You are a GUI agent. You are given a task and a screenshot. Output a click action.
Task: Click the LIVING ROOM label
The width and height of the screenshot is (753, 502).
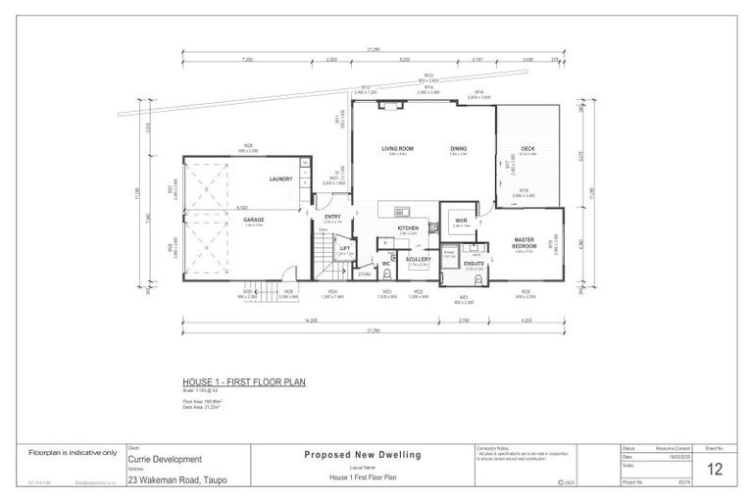(397, 148)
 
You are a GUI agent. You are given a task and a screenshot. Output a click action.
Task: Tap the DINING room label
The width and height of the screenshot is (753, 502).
(458, 148)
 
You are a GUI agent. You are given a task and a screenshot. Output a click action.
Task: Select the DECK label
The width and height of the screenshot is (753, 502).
(527, 148)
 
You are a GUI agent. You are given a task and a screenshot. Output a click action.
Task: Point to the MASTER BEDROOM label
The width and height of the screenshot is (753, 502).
(529, 242)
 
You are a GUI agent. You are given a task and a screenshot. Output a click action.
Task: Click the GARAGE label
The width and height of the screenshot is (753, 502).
(254, 220)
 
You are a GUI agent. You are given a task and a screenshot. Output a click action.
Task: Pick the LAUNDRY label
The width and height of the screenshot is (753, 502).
(282, 178)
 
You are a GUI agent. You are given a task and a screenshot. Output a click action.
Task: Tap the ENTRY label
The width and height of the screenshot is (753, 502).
(332, 217)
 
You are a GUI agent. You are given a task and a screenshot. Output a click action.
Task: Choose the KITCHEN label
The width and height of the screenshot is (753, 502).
(408, 227)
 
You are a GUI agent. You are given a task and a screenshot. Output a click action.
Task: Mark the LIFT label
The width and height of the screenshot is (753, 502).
(344, 248)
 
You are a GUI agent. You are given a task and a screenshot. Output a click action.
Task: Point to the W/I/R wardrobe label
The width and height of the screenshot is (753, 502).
(461, 221)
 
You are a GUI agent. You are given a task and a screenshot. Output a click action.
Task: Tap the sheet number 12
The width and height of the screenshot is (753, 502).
(716, 470)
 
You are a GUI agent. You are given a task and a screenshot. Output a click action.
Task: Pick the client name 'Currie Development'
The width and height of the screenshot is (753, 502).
(165, 459)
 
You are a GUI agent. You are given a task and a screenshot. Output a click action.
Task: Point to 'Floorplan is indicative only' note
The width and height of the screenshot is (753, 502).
(73, 453)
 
